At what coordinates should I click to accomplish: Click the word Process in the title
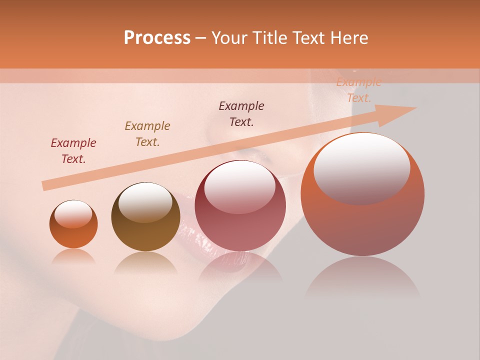(157, 38)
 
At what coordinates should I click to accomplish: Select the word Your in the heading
(229, 38)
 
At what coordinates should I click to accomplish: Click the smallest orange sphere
(73, 224)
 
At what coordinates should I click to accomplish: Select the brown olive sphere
(145, 217)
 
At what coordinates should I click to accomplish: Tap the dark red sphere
(240, 206)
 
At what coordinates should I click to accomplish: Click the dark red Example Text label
(73, 151)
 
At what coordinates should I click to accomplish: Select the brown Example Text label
(147, 134)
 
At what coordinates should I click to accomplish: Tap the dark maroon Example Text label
(241, 114)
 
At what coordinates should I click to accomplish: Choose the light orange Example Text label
(358, 90)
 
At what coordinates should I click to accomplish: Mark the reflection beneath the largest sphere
(362, 277)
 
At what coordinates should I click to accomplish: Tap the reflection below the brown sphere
(145, 262)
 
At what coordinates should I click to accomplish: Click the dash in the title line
(201, 38)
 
